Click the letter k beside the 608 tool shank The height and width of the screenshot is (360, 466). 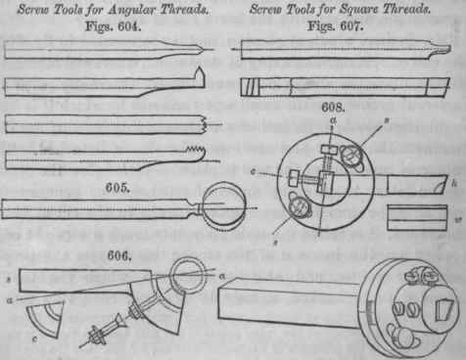pos(454,184)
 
